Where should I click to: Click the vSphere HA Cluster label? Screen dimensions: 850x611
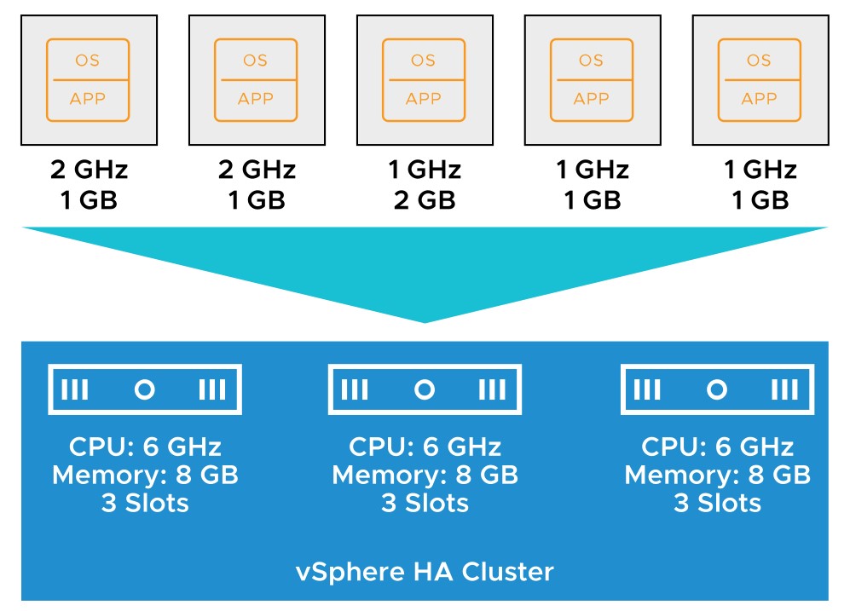click(425, 572)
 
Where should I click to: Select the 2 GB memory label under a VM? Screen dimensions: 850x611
click(425, 200)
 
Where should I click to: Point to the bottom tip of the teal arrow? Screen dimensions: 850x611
click(425, 322)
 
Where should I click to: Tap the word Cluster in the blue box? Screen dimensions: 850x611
click(508, 572)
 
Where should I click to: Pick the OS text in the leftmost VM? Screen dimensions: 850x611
click(87, 61)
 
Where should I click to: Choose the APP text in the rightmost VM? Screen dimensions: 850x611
click(759, 99)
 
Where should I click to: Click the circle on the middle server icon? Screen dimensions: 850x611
click(425, 389)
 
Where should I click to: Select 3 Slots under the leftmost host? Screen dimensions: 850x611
click(145, 504)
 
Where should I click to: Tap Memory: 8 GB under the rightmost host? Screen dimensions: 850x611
click(717, 475)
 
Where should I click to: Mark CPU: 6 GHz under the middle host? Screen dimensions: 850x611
click(425, 447)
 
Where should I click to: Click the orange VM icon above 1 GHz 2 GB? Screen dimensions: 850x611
click(424, 79)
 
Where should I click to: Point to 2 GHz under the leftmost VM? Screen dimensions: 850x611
click(89, 170)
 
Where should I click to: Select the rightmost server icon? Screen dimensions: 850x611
click(717, 389)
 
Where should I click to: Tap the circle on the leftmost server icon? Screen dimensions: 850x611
click(145, 389)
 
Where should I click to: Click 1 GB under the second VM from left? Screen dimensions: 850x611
click(257, 200)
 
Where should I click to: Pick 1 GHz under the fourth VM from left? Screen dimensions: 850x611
click(593, 170)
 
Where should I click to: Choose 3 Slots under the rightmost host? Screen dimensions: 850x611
click(717, 504)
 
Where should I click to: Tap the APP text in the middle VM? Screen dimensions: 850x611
click(424, 99)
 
